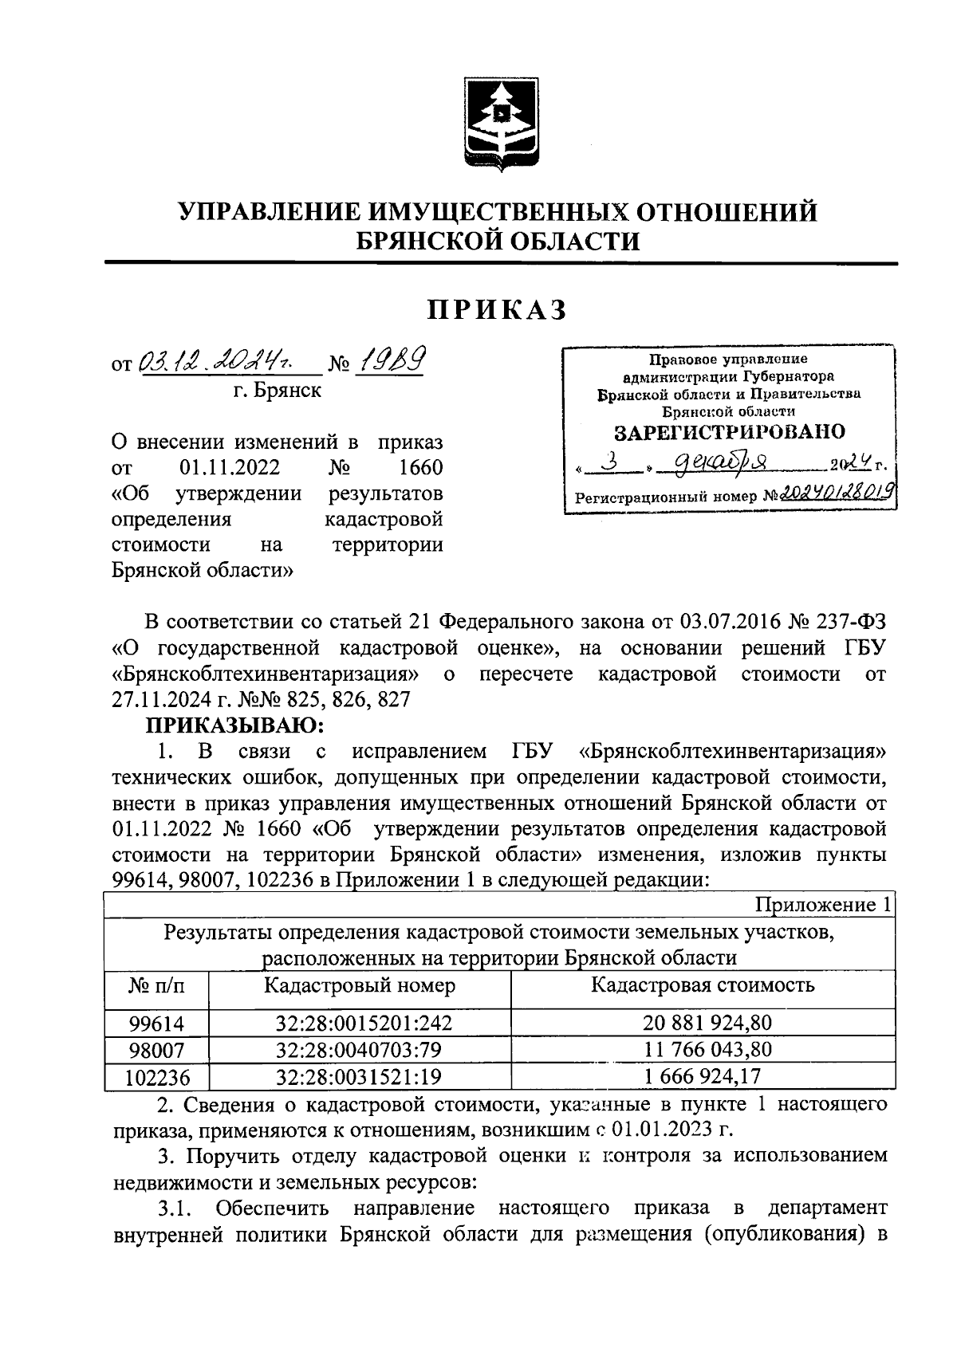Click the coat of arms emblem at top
(x=500, y=125)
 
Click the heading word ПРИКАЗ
(x=498, y=310)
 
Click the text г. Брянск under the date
(x=278, y=391)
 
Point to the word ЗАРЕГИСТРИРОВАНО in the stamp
(x=729, y=433)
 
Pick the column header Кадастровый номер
(x=360, y=985)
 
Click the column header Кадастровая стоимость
(x=703, y=985)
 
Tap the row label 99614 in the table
(x=156, y=1024)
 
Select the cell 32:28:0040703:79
(x=359, y=1050)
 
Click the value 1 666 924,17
(x=703, y=1077)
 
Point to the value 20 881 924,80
(x=703, y=1024)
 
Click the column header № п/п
(x=156, y=986)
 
